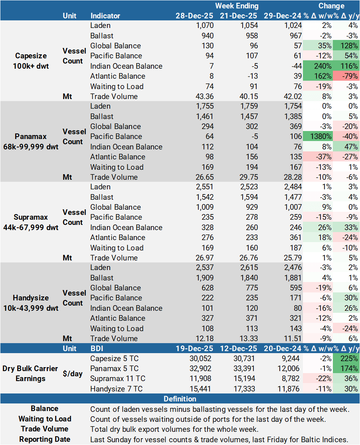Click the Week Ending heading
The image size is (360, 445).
pos(237,6)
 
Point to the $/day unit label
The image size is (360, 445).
pos(73,373)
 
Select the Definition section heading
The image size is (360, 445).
pos(180,399)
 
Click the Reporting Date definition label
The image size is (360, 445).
pos(45,439)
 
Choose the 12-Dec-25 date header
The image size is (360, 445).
pos(239,348)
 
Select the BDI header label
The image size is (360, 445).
pos(98,348)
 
